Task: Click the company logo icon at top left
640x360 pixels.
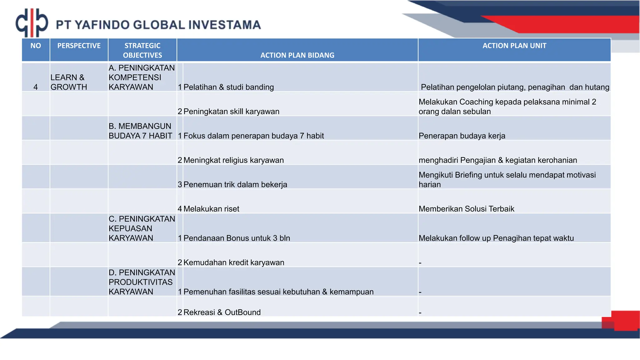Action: [x=32, y=23]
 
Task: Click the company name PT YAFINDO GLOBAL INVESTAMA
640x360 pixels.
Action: [x=158, y=25]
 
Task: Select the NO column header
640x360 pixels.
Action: [x=36, y=46]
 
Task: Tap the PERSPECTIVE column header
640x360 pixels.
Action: [x=79, y=46]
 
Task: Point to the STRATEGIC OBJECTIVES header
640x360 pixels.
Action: [x=142, y=50]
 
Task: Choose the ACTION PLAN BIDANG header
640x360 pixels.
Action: [x=297, y=55]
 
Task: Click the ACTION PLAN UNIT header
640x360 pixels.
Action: [x=514, y=46]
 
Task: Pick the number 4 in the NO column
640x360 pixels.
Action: [x=36, y=87]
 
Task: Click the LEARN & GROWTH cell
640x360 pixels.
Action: [x=69, y=82]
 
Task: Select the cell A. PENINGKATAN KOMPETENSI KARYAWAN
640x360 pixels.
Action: [x=142, y=77]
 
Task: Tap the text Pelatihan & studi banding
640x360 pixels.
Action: [x=228, y=87]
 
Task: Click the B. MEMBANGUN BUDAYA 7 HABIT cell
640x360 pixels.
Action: [x=140, y=131]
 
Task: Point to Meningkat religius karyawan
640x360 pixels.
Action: [x=233, y=160]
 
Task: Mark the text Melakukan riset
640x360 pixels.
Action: [x=211, y=209]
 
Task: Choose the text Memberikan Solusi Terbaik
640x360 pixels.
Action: [x=466, y=209]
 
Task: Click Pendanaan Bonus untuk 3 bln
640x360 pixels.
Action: [x=237, y=238]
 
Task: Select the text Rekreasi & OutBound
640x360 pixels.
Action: [x=222, y=312]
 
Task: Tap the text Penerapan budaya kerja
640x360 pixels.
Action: [x=462, y=136]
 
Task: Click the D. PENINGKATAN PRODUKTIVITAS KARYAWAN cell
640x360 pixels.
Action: [x=142, y=282]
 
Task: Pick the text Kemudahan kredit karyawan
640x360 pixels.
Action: [x=234, y=263]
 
